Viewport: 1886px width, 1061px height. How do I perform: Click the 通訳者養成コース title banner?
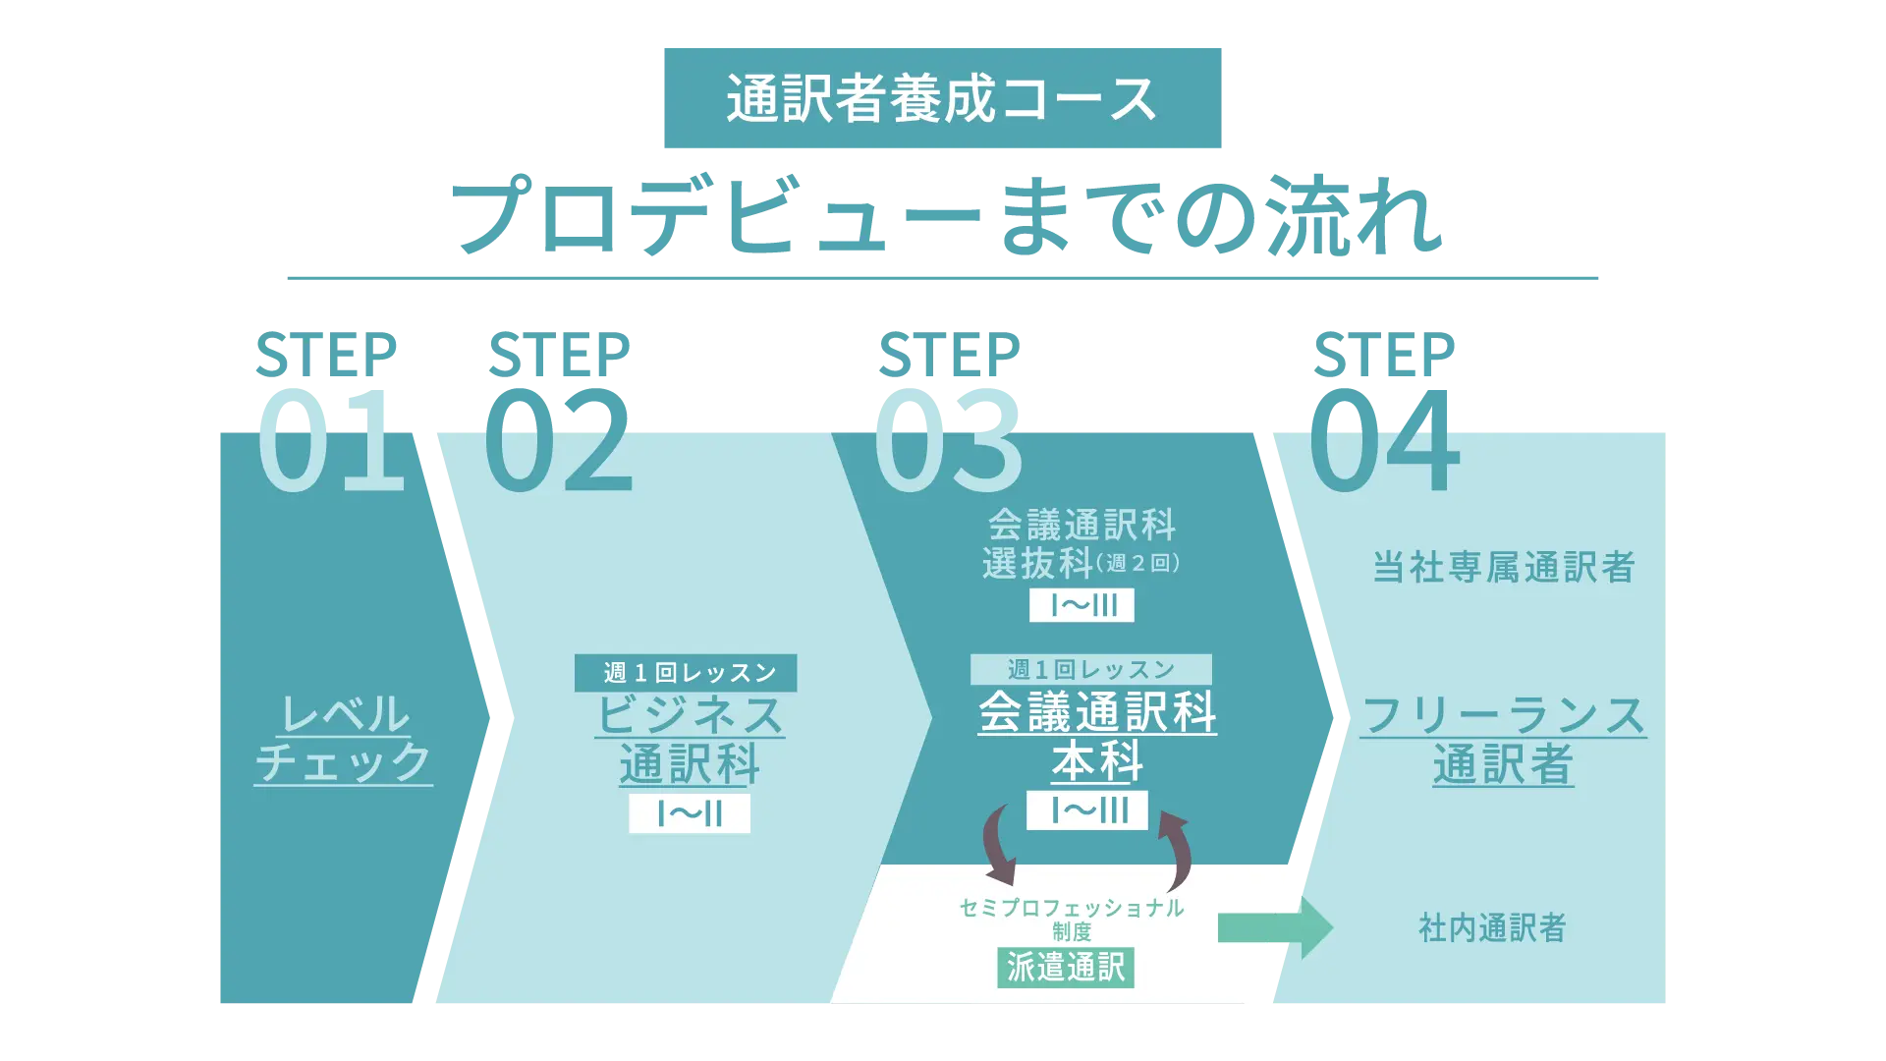[x=942, y=98]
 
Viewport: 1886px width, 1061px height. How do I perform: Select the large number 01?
[x=330, y=439]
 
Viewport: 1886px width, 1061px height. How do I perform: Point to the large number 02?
[x=558, y=439]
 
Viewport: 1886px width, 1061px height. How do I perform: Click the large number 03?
[x=948, y=439]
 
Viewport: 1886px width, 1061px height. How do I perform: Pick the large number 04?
[x=1384, y=439]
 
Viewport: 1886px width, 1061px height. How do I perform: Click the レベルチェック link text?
[x=344, y=739]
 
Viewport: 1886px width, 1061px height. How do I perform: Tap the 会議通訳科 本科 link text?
[x=1097, y=737]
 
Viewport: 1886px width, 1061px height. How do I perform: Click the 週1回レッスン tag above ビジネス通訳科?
[x=686, y=673]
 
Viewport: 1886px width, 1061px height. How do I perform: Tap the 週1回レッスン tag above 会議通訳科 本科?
[x=1090, y=670]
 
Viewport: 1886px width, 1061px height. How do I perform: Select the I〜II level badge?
[x=690, y=813]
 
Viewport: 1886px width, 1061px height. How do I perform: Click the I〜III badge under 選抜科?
[x=1082, y=605]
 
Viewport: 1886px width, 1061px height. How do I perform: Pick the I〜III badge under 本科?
[x=1087, y=810]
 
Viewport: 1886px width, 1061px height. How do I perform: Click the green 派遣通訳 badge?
[x=1066, y=968]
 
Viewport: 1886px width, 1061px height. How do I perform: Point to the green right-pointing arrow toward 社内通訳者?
[x=1275, y=927]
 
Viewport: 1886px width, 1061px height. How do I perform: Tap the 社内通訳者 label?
[x=1492, y=927]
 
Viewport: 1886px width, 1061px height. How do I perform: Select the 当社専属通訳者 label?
[x=1503, y=567]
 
